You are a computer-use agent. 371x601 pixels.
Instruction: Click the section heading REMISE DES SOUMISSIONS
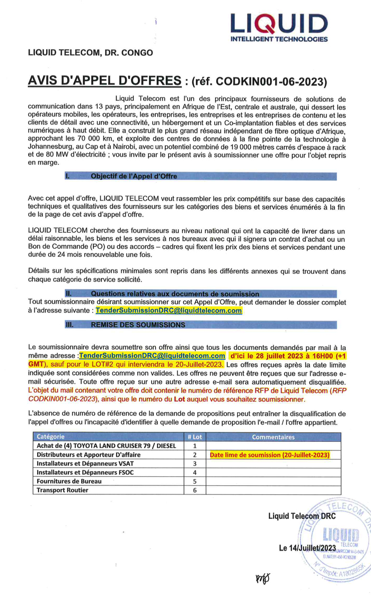pyautogui.click(x=138, y=324)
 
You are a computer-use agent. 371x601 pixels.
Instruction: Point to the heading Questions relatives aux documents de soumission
pyautogui.click(x=175, y=294)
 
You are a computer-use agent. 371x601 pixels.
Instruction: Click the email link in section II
pyautogui.click(x=169, y=310)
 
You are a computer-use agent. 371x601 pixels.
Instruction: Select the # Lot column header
pyautogui.click(x=195, y=437)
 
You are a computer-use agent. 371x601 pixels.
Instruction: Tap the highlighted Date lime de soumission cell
pyautogui.click(x=270, y=455)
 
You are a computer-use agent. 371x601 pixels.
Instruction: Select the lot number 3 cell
pyautogui.click(x=195, y=464)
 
